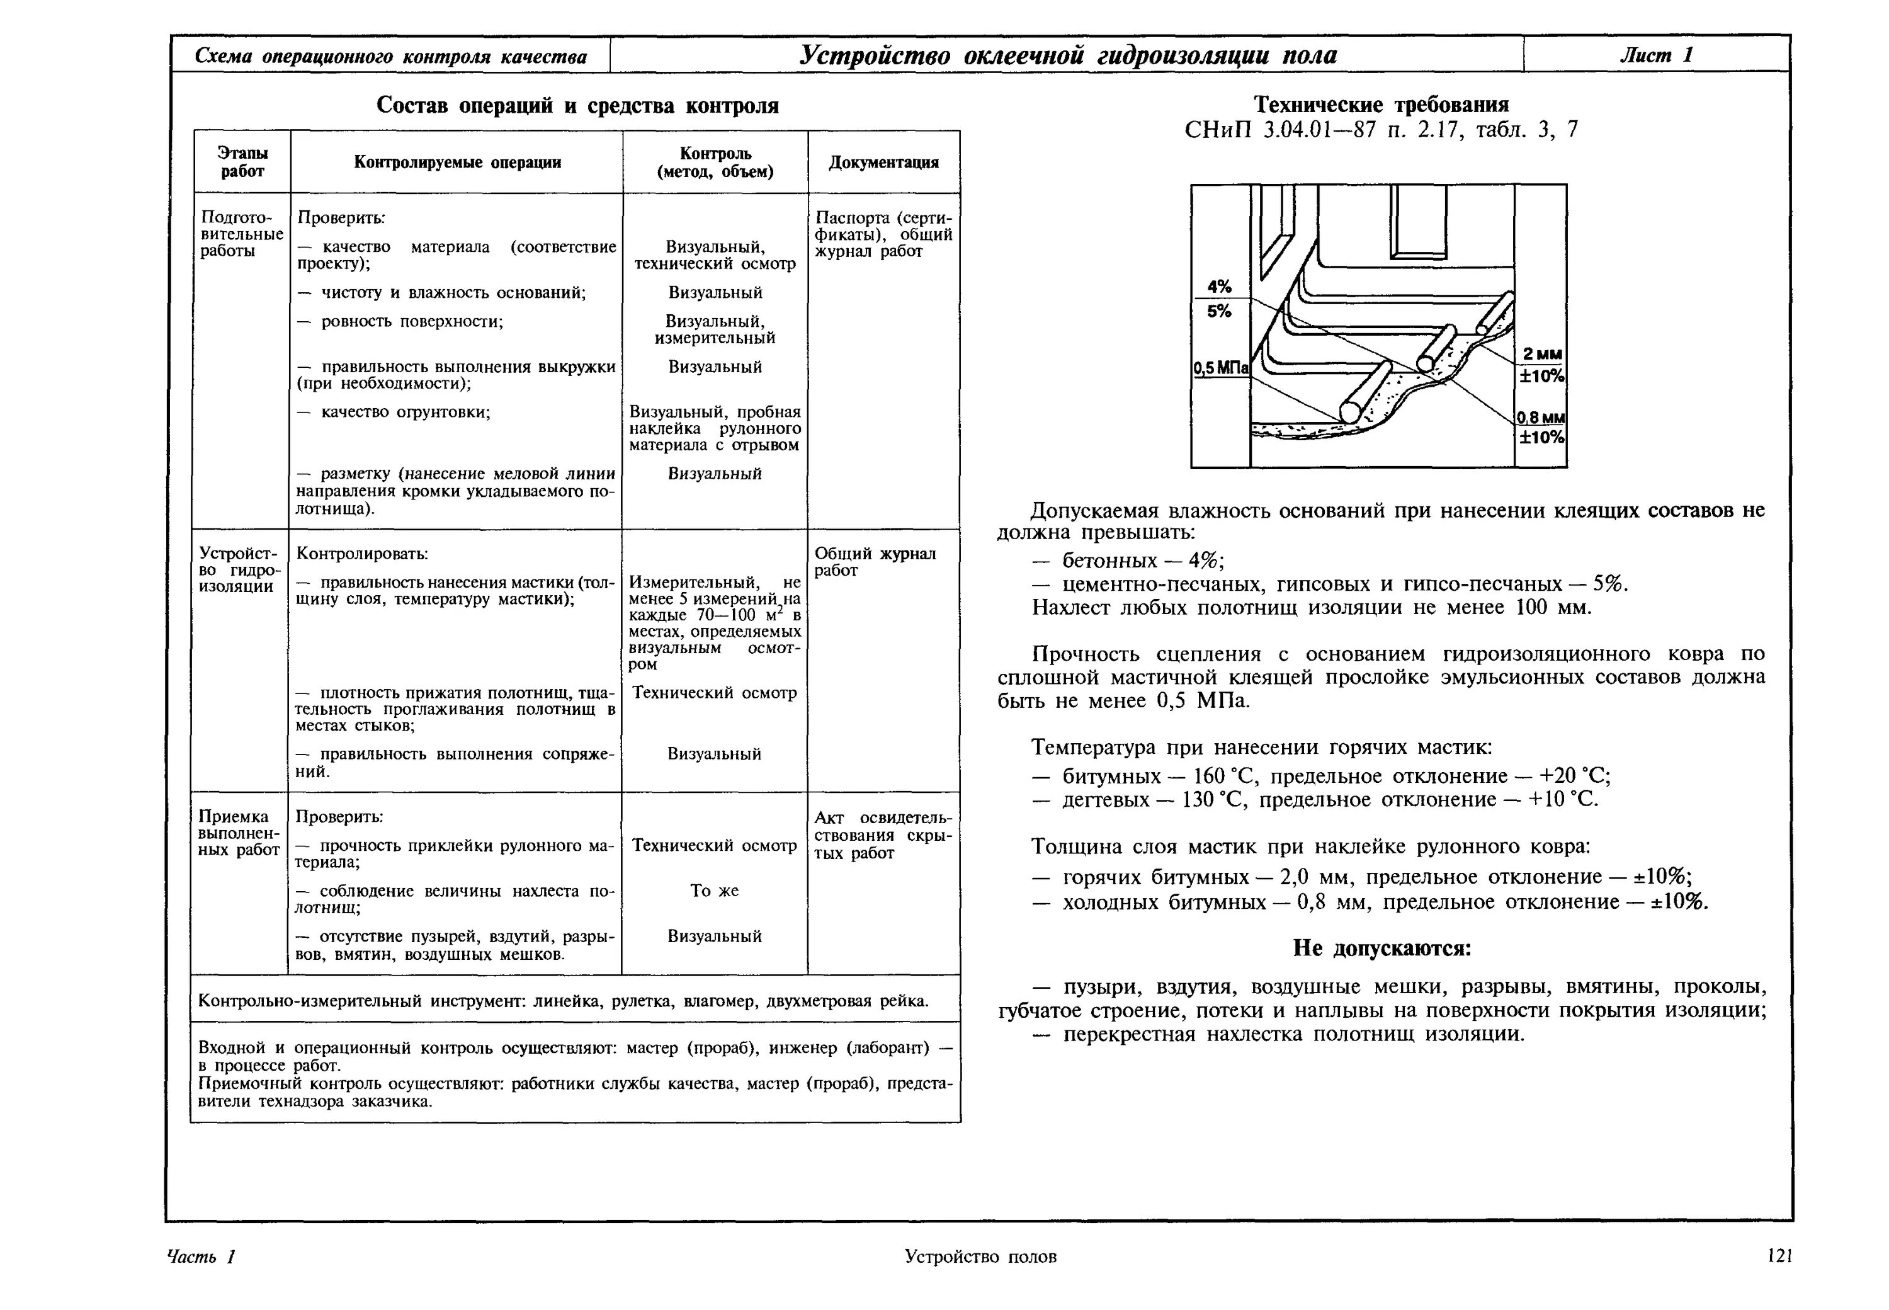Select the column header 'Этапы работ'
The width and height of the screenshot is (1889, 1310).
click(x=242, y=162)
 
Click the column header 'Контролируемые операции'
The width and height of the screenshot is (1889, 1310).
click(x=457, y=162)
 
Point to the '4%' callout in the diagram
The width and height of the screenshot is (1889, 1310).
click(x=1218, y=287)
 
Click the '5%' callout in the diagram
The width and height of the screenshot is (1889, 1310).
click(x=1218, y=311)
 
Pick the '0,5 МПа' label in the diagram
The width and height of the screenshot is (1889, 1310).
click(x=1220, y=368)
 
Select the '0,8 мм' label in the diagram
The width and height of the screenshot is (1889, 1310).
click(x=1540, y=418)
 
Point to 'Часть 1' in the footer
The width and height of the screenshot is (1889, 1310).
click(x=201, y=1256)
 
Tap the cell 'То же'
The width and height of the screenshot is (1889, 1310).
click(x=714, y=891)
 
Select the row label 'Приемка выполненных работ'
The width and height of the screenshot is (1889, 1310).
click(x=239, y=833)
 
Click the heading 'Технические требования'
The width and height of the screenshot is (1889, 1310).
click(x=1381, y=105)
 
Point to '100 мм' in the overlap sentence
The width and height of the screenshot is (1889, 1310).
click(x=1553, y=607)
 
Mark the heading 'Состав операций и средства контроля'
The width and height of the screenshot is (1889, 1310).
click(x=577, y=106)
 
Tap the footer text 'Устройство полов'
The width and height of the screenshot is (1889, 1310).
click(x=980, y=1256)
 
